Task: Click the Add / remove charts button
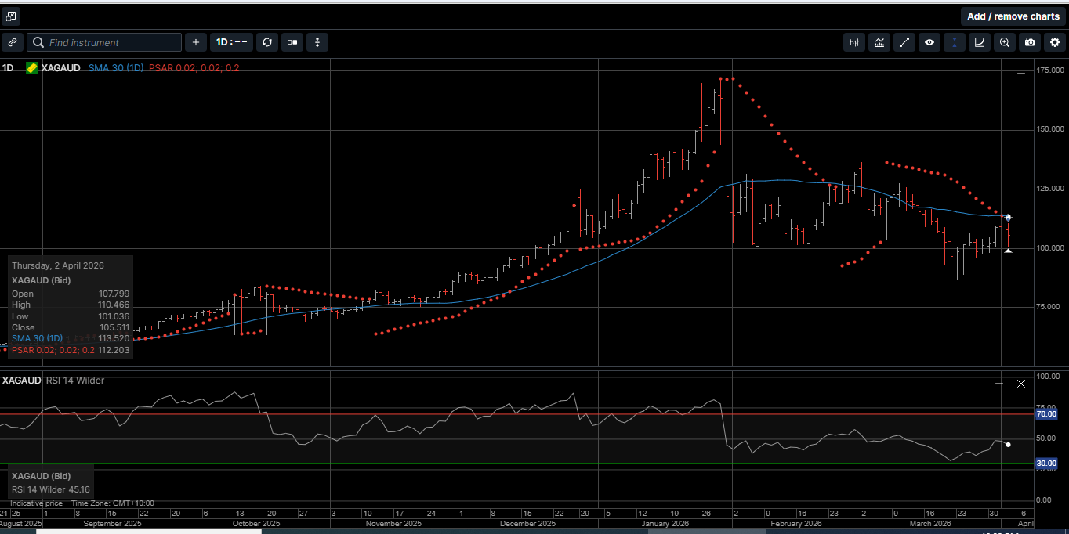[x=1013, y=16]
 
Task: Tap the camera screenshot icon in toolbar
[x=1030, y=42]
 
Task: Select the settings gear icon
[x=1055, y=42]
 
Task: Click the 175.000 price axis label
[x=1050, y=70]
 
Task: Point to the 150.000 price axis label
[x=1050, y=128]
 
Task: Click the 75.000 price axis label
[x=1050, y=307]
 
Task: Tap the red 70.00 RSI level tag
[x=1046, y=414]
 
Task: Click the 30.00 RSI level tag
[x=1046, y=464]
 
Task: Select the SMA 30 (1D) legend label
[x=115, y=68]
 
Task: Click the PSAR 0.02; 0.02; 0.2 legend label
[x=194, y=68]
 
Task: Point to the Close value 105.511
[x=114, y=327]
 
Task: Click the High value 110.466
[x=114, y=305]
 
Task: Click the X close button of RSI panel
[x=1020, y=384]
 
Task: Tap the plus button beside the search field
[x=196, y=42]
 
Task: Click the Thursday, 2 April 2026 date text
[x=58, y=265]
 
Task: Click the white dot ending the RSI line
[x=1008, y=445]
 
